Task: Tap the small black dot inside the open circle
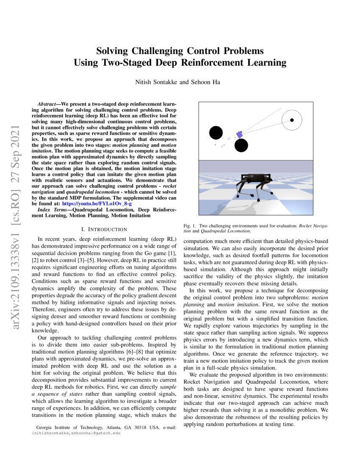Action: (x=292, y=121)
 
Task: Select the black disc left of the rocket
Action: (x=216, y=133)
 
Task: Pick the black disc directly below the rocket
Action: (x=241, y=146)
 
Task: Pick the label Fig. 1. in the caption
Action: (x=189, y=226)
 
